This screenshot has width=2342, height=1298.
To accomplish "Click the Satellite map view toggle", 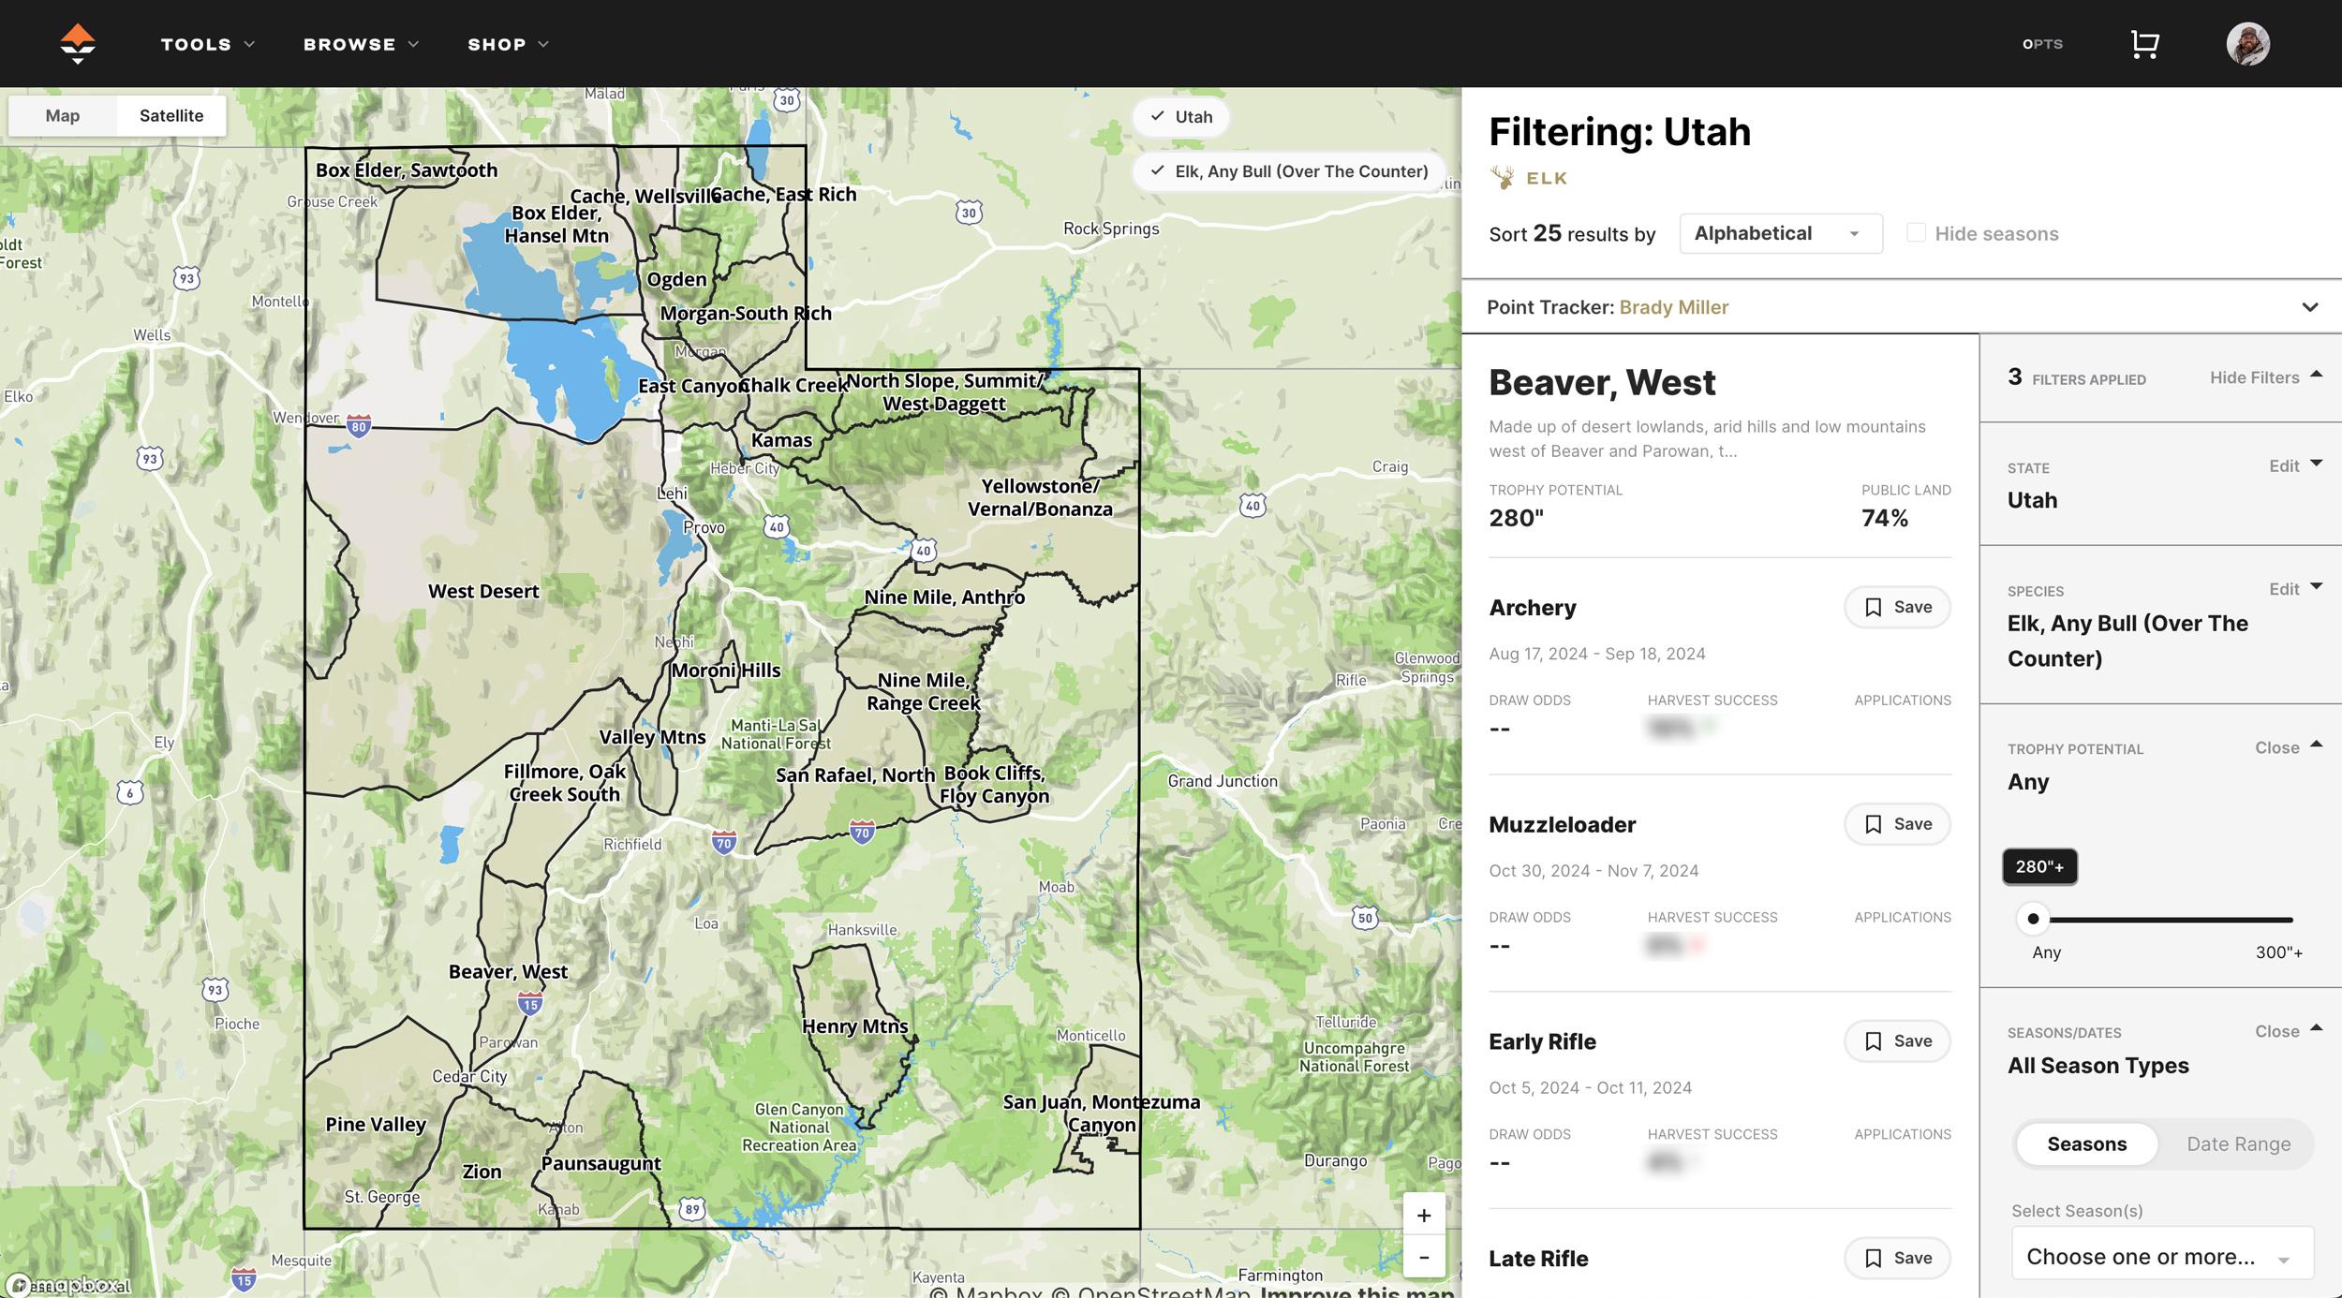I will click(x=170, y=116).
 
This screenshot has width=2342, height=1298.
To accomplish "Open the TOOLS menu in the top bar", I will click(x=206, y=44).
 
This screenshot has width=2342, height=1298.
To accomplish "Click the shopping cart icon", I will click(x=2144, y=44).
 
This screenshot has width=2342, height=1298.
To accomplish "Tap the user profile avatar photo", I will click(x=2247, y=44).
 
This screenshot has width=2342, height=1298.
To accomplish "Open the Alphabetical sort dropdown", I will click(x=1780, y=234).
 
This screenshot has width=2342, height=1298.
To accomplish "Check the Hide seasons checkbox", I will click(x=1916, y=233).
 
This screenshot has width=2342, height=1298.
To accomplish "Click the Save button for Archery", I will click(x=1897, y=607).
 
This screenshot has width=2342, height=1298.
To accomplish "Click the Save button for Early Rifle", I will click(x=1897, y=1041).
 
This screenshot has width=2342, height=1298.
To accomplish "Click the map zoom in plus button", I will click(x=1424, y=1216).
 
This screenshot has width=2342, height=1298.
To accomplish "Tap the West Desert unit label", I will click(x=483, y=591).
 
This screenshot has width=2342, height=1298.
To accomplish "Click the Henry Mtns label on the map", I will click(x=854, y=1026).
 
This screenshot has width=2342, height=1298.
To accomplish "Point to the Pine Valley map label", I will click(x=376, y=1124).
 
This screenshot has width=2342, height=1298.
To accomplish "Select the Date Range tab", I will click(x=2238, y=1144).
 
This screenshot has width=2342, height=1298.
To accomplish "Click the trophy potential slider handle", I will click(x=2033, y=919).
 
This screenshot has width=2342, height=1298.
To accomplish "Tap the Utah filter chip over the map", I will click(x=1181, y=117).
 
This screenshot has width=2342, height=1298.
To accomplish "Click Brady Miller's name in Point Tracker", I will click(x=1673, y=307).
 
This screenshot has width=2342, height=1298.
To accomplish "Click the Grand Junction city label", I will click(x=1222, y=781).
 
